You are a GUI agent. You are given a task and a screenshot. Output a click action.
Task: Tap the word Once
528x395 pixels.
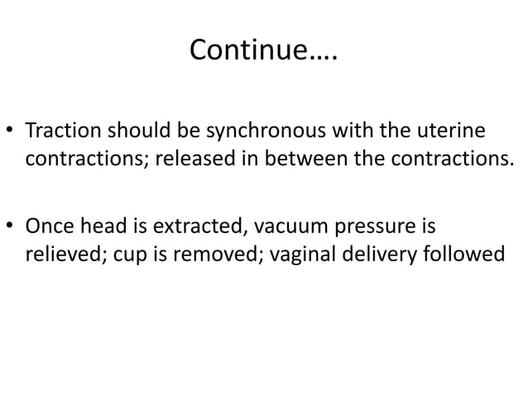click(x=50, y=226)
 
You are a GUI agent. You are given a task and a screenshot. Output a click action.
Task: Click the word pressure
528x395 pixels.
click(x=372, y=226)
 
